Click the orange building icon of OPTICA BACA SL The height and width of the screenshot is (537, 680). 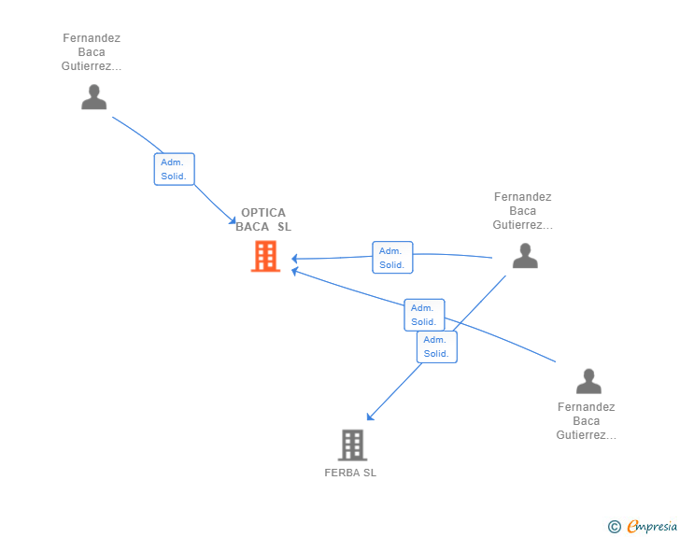click(265, 256)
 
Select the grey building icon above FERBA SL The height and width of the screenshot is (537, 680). click(352, 445)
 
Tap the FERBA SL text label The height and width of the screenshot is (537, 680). click(350, 473)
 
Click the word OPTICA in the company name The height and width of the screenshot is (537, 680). click(263, 213)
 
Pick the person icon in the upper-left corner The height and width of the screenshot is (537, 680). click(93, 97)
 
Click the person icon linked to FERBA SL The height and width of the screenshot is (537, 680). click(525, 256)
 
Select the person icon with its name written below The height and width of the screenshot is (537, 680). click(588, 381)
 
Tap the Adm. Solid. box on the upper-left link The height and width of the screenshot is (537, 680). click(175, 169)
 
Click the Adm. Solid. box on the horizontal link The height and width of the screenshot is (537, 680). click(392, 257)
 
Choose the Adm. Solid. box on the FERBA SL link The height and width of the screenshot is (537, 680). click(437, 347)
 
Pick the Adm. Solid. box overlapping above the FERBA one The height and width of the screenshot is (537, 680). click(424, 315)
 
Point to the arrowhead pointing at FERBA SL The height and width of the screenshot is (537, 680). click(370, 417)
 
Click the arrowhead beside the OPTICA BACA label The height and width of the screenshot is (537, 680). click(232, 220)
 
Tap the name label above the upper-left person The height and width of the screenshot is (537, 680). click(92, 52)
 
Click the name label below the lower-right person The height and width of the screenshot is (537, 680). click(587, 421)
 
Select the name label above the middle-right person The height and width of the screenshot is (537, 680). click(522, 211)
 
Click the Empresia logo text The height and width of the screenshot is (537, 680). click(652, 526)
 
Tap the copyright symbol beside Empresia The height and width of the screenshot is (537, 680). click(615, 527)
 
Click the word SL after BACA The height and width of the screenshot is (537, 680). click(285, 227)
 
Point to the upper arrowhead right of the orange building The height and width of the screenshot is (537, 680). click(294, 259)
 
